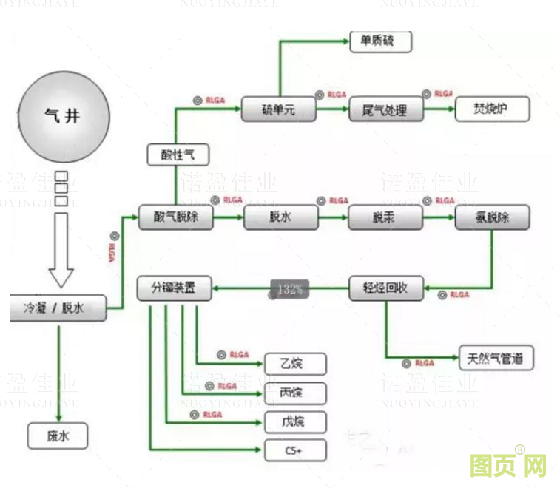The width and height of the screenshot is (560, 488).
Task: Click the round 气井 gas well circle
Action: (x=64, y=118)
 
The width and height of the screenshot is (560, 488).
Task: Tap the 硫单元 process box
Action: (x=279, y=111)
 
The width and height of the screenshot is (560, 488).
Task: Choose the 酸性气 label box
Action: (x=179, y=155)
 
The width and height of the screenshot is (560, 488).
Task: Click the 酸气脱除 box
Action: (x=176, y=218)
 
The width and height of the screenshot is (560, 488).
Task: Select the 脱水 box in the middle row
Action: (x=281, y=218)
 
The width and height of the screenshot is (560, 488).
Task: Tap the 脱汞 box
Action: (x=386, y=218)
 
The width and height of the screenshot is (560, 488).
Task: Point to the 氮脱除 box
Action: (x=492, y=218)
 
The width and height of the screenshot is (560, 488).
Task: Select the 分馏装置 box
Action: (x=175, y=289)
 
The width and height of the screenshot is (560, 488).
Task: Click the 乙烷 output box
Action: (x=295, y=363)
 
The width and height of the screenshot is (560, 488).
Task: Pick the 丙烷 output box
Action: (x=295, y=392)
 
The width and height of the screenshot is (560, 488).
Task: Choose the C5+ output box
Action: (x=295, y=450)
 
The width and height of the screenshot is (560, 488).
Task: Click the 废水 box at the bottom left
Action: (x=58, y=436)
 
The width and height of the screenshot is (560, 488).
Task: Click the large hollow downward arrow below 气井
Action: (x=61, y=251)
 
